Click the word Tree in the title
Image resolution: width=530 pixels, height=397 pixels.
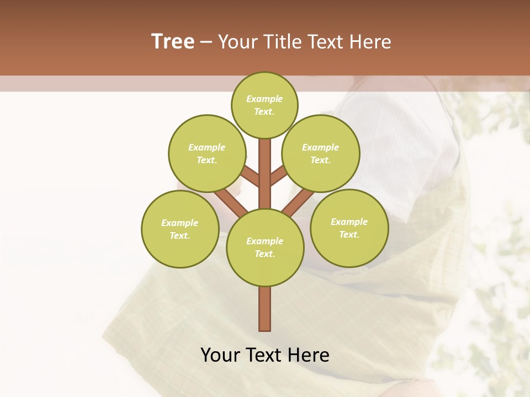click(173, 41)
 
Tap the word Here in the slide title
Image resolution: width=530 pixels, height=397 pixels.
click(370, 42)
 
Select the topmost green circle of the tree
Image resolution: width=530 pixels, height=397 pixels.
click(264, 105)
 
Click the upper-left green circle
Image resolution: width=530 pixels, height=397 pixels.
click(206, 153)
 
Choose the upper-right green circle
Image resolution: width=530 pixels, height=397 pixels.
click(321, 153)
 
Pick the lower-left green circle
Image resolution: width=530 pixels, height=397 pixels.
click(180, 229)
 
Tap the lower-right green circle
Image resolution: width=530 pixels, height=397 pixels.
click(349, 228)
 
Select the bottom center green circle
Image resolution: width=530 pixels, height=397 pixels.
click(265, 248)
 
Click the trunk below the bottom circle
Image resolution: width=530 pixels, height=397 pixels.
click(265, 309)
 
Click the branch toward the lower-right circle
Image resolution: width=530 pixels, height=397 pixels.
click(298, 202)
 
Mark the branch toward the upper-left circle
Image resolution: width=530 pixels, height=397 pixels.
click(251, 177)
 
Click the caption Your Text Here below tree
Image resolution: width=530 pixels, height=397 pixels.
click(265, 355)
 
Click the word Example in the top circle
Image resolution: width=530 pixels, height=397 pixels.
click(264, 99)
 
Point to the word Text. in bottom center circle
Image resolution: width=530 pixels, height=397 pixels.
click(264, 254)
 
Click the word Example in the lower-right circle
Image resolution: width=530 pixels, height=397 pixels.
click(349, 222)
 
